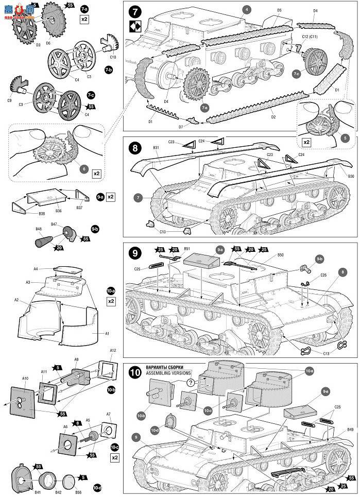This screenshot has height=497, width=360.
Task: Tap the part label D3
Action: coord(24,45)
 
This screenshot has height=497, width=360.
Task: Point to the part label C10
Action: coord(113,58)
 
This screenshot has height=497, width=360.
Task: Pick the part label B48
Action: coord(39,230)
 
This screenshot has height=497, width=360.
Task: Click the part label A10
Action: coord(26,379)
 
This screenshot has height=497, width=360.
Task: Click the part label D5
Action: coord(279,10)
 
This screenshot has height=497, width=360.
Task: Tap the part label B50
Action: coord(280,255)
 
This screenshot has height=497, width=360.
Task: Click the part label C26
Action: coord(323,275)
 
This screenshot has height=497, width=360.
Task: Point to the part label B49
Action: coord(350,429)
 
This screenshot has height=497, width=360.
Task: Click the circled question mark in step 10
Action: coord(191,382)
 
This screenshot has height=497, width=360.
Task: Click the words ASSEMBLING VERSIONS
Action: coord(168,372)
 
